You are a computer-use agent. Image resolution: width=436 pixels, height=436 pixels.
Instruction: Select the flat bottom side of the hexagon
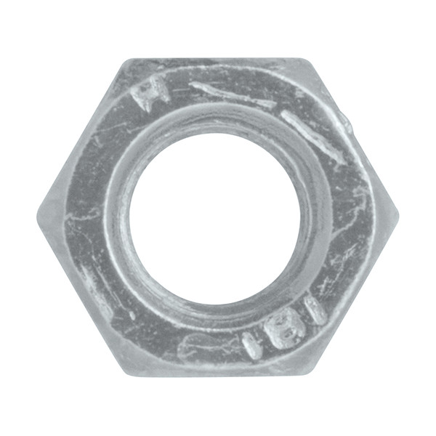(217, 375)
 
